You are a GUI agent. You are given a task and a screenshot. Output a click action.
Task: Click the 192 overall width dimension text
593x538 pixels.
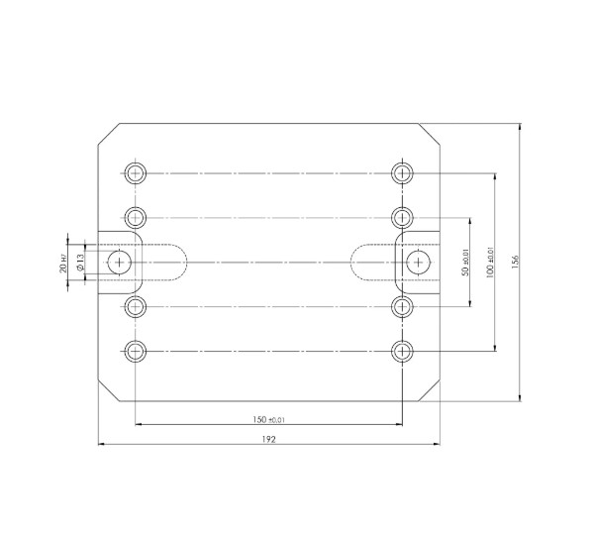(268, 437)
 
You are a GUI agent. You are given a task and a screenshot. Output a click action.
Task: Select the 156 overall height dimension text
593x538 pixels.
(514, 261)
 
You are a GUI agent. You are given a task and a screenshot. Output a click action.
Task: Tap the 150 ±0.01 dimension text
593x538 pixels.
(268, 419)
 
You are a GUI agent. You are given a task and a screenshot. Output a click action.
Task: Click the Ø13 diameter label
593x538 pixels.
(78, 262)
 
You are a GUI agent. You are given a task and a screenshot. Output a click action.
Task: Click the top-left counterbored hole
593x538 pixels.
(136, 172)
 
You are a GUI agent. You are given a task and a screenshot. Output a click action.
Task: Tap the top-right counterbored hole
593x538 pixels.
(401, 172)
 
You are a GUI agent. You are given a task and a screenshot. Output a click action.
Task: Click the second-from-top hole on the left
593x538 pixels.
(136, 216)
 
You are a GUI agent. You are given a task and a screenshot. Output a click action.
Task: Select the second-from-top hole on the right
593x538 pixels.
(401, 216)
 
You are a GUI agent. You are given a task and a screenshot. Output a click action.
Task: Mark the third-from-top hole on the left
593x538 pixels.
(136, 306)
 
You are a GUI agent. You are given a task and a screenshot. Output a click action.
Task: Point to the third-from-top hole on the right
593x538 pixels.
(401, 306)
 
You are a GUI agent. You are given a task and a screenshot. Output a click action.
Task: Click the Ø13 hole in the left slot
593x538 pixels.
(121, 262)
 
